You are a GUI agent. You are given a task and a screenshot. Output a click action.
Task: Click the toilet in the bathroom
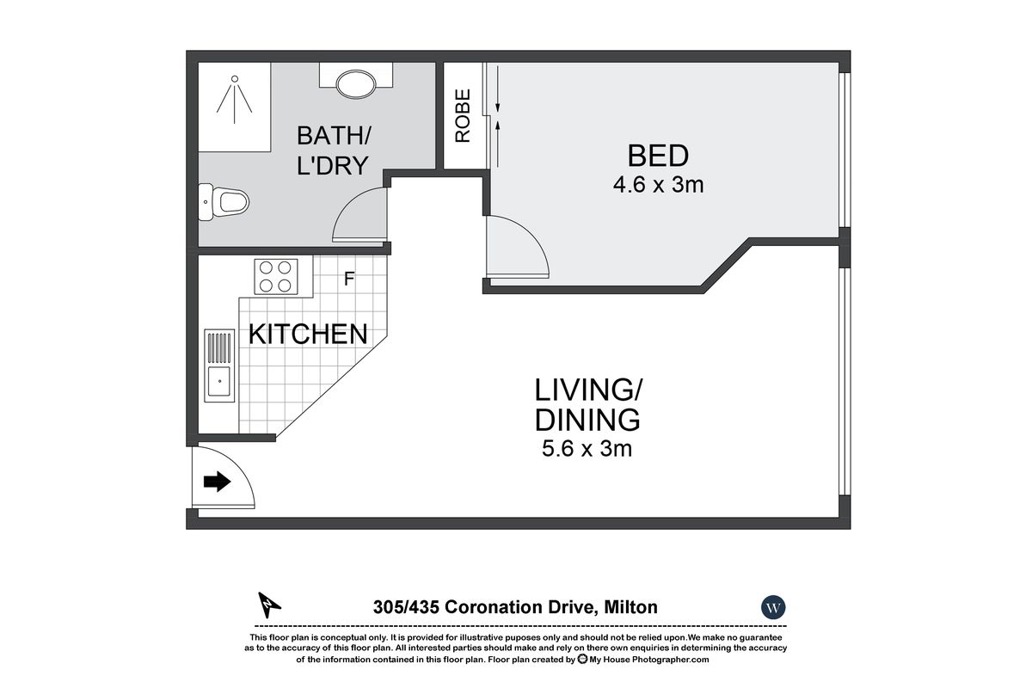pyautogui.click(x=227, y=203)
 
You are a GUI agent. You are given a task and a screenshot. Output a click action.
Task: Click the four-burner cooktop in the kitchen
pyautogui.click(x=275, y=277)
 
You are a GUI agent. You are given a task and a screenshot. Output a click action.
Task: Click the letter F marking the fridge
pyautogui.click(x=349, y=279)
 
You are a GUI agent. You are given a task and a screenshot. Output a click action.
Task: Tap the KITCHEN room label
pyautogui.click(x=308, y=335)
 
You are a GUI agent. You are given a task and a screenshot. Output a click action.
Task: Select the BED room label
pyautogui.click(x=658, y=157)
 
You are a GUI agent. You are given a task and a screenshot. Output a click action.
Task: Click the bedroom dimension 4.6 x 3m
pyautogui.click(x=658, y=185)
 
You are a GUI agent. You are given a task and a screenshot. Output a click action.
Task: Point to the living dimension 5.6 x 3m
pyautogui.click(x=587, y=448)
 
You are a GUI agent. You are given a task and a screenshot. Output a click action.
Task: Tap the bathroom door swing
pyautogui.click(x=359, y=215)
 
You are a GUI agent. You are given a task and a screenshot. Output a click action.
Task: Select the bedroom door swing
pyautogui.click(x=516, y=248)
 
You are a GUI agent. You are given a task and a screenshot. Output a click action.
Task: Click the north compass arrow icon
pyautogui.click(x=270, y=605)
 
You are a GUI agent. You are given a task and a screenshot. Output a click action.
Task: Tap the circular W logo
pyautogui.click(x=774, y=607)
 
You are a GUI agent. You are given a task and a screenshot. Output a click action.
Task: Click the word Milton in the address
pyautogui.click(x=630, y=607)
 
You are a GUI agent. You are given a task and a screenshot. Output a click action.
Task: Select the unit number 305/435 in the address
pyautogui.click(x=406, y=607)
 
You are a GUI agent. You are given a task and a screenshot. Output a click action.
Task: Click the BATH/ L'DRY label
pyautogui.click(x=333, y=150)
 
